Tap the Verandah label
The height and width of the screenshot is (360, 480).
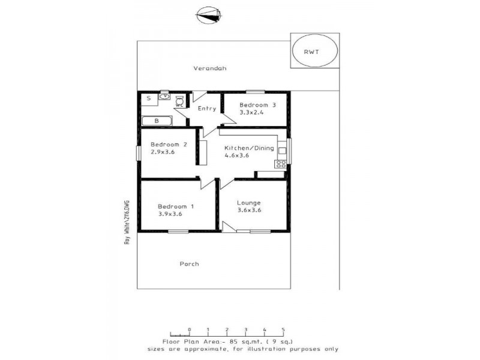(209, 68)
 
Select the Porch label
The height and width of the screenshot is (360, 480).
(188, 263)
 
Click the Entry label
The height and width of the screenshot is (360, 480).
(206, 109)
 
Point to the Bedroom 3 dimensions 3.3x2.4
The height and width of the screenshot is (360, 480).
(252, 112)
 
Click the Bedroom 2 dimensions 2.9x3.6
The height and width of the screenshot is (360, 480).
(163, 152)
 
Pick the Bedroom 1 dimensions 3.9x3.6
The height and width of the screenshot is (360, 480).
(170, 214)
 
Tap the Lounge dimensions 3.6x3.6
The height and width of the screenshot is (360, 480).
(248, 210)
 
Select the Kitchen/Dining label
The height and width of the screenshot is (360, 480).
(249, 148)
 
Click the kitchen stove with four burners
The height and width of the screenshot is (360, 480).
(280, 164)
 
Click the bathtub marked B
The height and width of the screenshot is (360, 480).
(157, 121)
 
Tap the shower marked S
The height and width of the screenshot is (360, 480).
(148, 98)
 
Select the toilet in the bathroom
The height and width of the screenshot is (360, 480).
(179, 102)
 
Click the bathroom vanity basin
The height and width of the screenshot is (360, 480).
(163, 96)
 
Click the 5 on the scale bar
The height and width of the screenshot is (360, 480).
(283, 329)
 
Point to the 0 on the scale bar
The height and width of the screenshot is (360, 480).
(189, 329)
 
